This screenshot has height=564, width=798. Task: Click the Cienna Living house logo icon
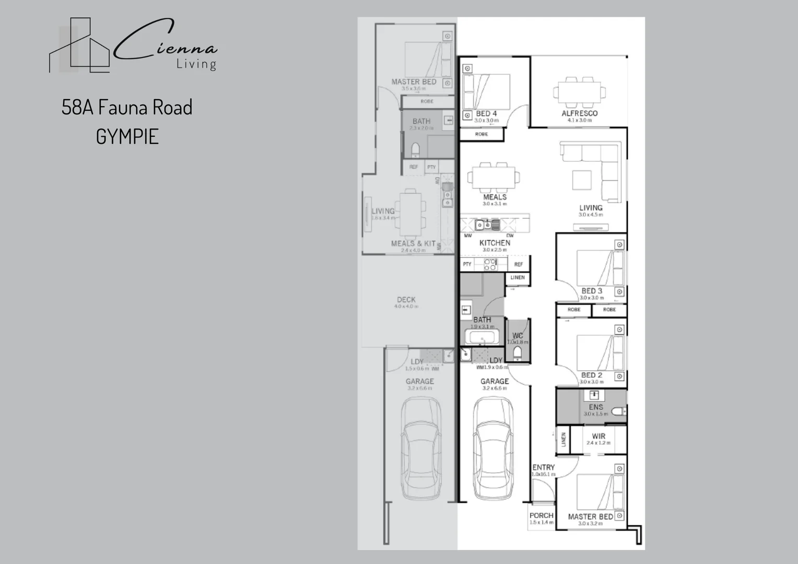point(79,46)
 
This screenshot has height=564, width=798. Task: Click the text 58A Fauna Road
point(127,108)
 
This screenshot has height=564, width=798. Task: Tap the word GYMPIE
point(127,137)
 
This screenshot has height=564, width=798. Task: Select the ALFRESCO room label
point(579,113)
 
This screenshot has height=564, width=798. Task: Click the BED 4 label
point(486,113)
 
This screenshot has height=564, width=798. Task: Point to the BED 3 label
point(592,291)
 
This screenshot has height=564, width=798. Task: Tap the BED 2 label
point(592,375)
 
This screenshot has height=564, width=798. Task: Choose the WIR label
point(598,436)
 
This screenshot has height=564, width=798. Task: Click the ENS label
point(596,407)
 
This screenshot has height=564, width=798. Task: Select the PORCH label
point(541,515)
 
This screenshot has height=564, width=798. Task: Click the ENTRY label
point(543,467)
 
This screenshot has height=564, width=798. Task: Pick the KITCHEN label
point(495,243)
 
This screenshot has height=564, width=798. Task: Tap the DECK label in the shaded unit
point(406,300)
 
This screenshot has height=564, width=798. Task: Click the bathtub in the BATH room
point(481,337)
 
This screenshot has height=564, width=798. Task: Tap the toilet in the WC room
point(518,354)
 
